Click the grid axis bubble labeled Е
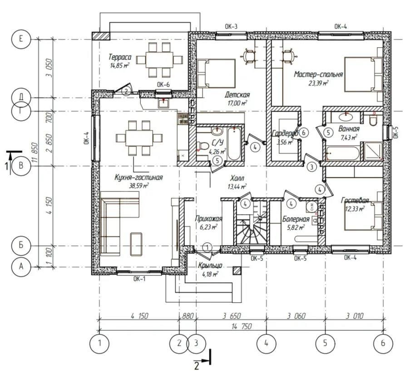point(21,39)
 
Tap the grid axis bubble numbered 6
point(383,344)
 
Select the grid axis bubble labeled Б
point(21,245)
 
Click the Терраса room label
point(120,57)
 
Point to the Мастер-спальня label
point(318,74)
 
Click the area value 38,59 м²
point(138,186)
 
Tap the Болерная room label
point(296,219)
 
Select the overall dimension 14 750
point(242,326)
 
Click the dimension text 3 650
point(232,316)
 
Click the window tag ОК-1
point(139,278)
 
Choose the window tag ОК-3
point(231,26)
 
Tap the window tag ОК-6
point(163,85)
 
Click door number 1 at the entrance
point(207,247)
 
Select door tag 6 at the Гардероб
point(304,132)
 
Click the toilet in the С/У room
point(203,146)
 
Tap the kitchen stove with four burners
point(183,118)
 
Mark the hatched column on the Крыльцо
point(237,271)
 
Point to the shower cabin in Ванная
point(373,151)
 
